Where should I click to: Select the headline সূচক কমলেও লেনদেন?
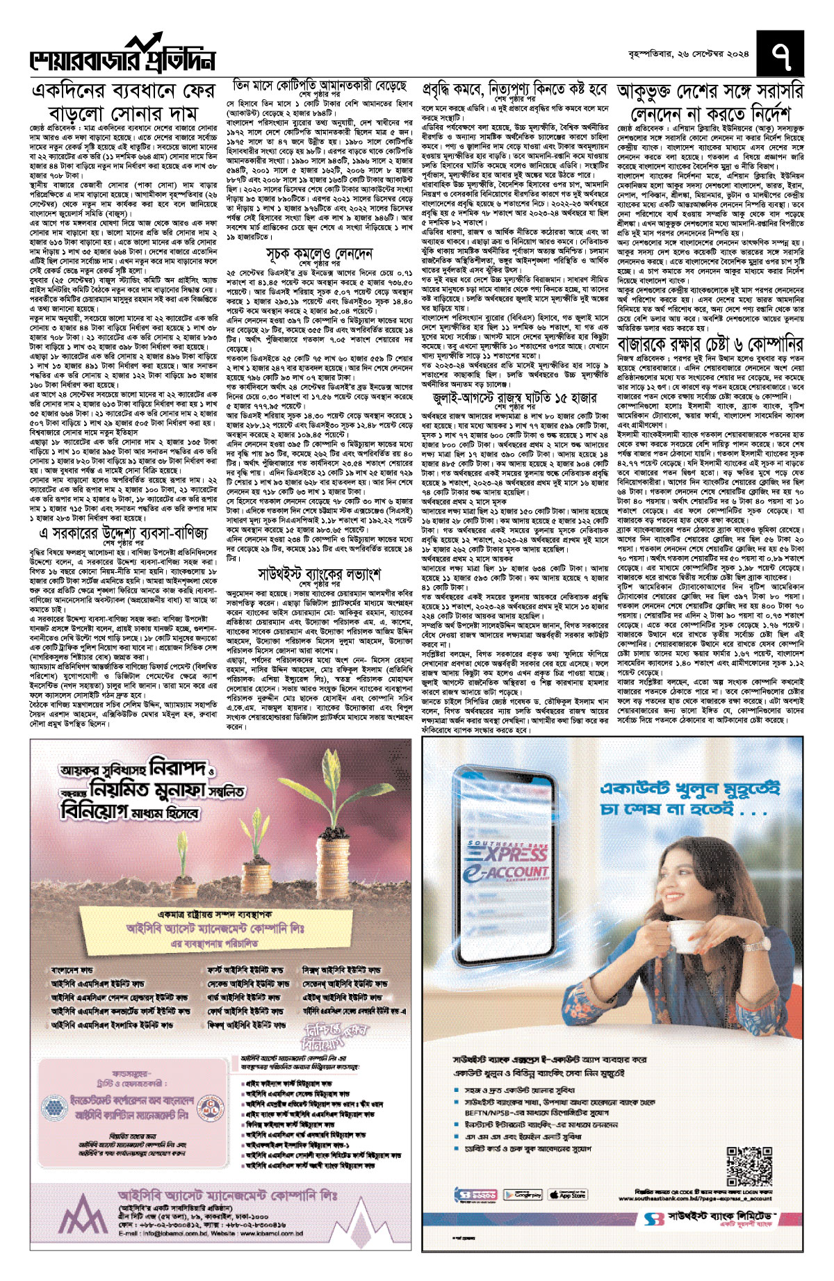click(x=319, y=253)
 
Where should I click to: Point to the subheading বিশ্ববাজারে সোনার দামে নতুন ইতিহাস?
click(x=77, y=431)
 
